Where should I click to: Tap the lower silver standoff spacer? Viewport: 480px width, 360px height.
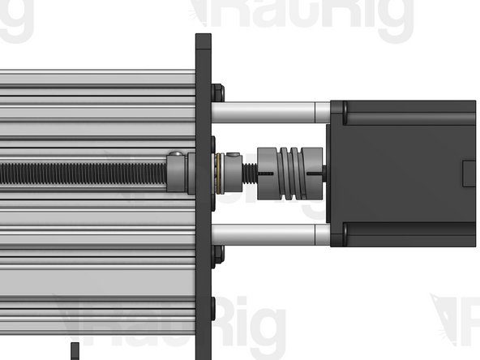point(272,235)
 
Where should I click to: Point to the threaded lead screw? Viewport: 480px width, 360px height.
point(81,171)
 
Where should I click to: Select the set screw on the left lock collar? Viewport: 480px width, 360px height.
point(176,154)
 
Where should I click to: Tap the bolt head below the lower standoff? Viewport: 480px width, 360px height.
point(217,255)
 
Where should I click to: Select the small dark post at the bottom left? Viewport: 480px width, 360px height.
point(75,351)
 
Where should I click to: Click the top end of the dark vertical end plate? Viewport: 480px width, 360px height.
point(203,37)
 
